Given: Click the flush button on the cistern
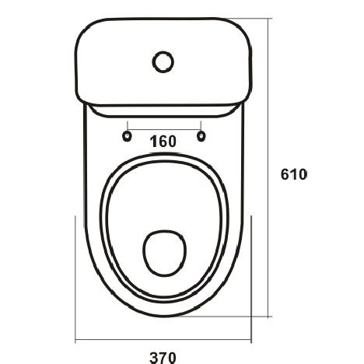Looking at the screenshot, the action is (x=163, y=62).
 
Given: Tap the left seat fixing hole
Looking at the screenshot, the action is (x=127, y=136).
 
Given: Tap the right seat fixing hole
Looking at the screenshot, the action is (x=201, y=136).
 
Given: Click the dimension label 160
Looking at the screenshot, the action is (x=163, y=142).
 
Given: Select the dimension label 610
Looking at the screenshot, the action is (x=294, y=174).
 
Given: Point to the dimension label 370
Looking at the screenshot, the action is (x=163, y=358).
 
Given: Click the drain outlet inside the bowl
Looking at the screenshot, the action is (x=164, y=253).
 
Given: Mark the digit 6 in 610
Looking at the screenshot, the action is (x=285, y=174).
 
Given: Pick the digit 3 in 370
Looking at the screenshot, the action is (x=154, y=358).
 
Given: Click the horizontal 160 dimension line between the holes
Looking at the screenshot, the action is (x=164, y=129).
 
